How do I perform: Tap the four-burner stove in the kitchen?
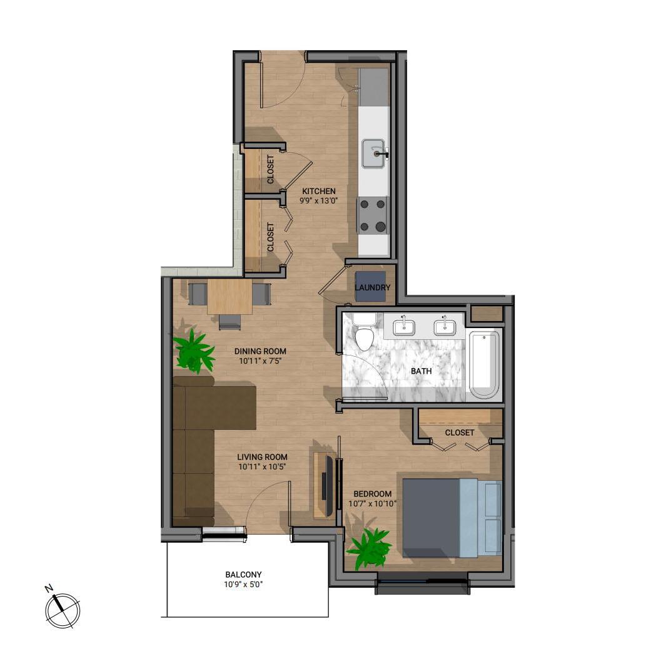(x=372, y=215)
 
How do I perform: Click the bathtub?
(x=484, y=364)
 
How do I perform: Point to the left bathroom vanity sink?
(x=403, y=327)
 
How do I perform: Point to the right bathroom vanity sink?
(x=445, y=327)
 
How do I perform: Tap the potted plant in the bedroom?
(x=369, y=548)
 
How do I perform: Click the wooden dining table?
(x=230, y=297)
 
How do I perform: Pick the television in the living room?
(x=330, y=486)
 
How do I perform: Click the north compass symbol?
(x=63, y=609)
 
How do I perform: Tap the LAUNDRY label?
(x=372, y=287)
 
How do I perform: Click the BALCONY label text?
(x=243, y=575)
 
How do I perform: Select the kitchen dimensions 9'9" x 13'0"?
(x=318, y=200)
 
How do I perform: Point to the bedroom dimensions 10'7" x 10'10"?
(x=372, y=504)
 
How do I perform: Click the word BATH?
(x=421, y=371)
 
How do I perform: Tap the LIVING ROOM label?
(x=262, y=457)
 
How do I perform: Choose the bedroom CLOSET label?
(x=459, y=433)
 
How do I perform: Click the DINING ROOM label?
(x=260, y=351)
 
